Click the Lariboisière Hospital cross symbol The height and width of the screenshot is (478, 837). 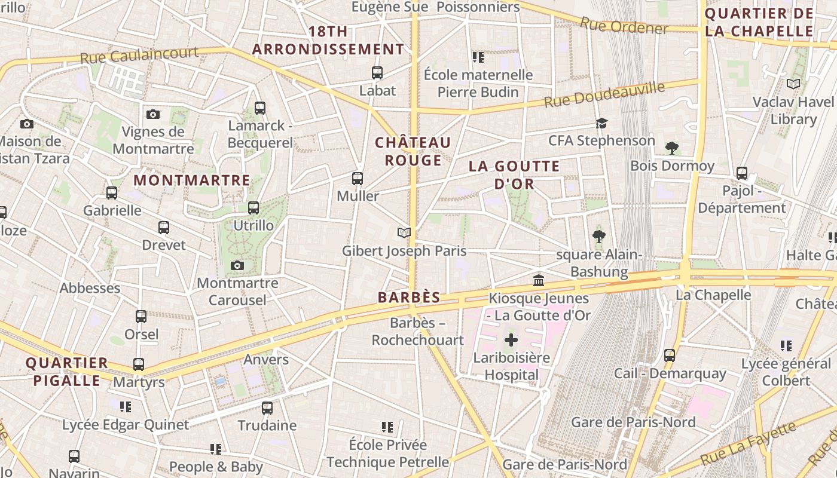click(511, 340)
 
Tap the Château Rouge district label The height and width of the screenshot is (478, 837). click(413, 151)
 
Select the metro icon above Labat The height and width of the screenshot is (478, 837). click(377, 73)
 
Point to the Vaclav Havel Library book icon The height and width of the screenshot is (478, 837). click(793, 84)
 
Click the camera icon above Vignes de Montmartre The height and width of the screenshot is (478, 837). click(153, 114)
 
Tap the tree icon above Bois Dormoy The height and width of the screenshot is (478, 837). click(672, 148)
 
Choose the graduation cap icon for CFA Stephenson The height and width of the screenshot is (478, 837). click(601, 123)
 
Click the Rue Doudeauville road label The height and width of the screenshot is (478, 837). click(604, 96)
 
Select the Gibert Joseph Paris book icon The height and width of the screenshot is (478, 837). click(404, 233)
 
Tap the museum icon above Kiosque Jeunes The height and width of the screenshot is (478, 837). click(539, 280)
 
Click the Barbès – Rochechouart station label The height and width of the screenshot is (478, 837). click(417, 331)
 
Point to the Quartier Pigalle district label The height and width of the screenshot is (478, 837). click(66, 372)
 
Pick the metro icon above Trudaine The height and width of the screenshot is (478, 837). click(267, 408)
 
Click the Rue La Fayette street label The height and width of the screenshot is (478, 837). click(749, 443)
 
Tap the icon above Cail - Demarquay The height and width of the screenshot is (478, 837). click(670, 356)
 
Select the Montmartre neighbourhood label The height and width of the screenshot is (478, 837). click(192, 180)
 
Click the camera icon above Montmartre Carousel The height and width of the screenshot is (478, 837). click(237, 265)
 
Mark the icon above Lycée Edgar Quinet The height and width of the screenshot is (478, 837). click(126, 407)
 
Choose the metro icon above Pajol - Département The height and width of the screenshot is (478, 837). click(742, 173)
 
